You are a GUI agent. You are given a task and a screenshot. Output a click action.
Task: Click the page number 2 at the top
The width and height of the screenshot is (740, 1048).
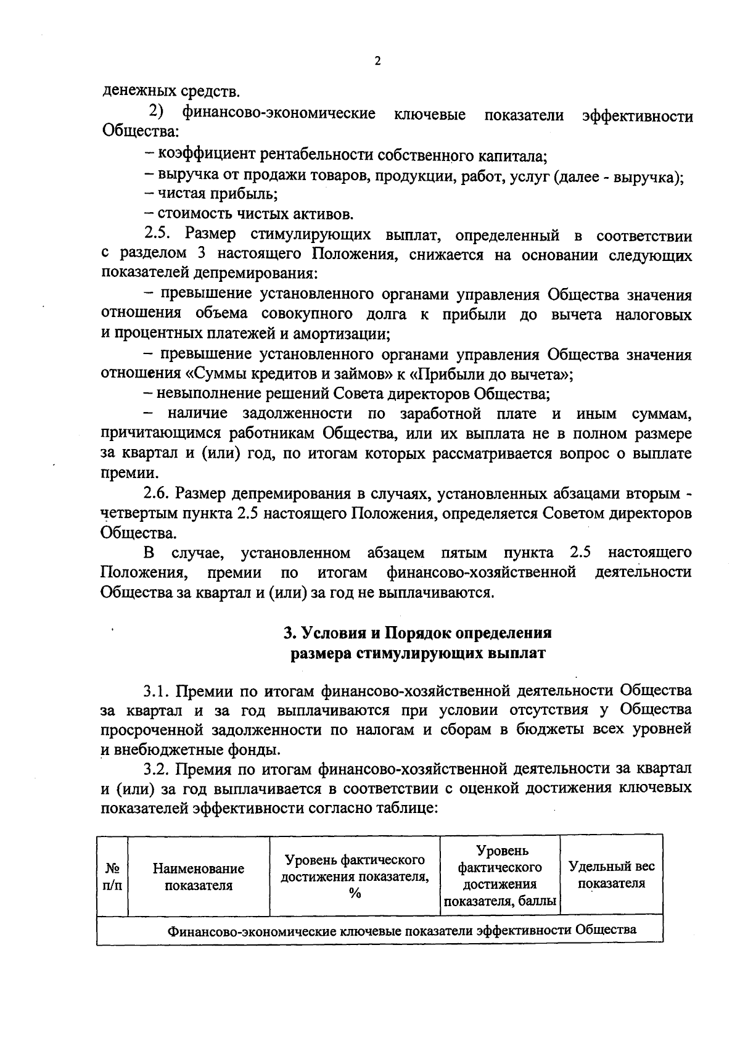(377, 61)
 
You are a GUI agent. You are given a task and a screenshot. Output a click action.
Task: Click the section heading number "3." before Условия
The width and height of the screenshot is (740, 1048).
(288, 633)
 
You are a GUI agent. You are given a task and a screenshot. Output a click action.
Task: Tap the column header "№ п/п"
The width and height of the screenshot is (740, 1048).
(112, 877)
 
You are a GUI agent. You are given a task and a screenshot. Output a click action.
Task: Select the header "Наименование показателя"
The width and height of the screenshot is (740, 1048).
(199, 877)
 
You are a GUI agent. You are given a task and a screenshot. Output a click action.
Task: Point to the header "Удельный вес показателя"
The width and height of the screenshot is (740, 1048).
(611, 875)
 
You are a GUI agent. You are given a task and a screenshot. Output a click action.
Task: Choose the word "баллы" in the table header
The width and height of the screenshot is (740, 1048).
(537, 902)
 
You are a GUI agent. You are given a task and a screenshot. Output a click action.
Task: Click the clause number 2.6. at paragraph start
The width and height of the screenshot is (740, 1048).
(157, 493)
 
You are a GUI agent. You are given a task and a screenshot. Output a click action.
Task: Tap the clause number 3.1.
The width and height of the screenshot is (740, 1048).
(157, 690)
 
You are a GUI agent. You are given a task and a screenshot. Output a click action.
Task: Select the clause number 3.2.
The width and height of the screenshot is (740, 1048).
(157, 769)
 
